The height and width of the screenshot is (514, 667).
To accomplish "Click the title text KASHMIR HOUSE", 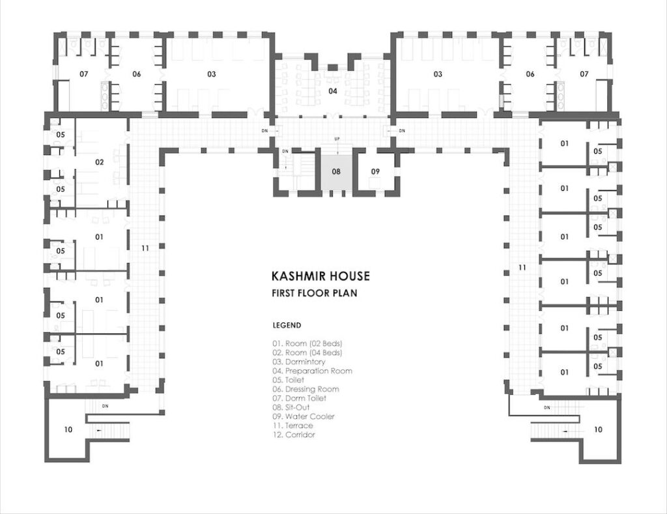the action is pyautogui.click(x=320, y=276).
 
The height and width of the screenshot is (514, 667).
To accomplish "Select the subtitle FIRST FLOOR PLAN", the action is pyautogui.click(x=315, y=293).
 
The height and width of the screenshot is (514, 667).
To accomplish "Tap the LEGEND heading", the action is pyautogui.click(x=287, y=326).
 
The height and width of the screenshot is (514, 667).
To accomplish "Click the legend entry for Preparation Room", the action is pyautogui.click(x=312, y=371).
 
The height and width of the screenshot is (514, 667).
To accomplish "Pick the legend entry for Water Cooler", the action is pyautogui.click(x=304, y=416).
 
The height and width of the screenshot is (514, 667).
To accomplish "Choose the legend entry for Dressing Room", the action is pyautogui.click(x=306, y=389).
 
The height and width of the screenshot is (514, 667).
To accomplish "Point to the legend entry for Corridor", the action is pyautogui.click(x=294, y=435).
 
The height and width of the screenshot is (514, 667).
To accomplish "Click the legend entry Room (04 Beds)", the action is pyautogui.click(x=307, y=352).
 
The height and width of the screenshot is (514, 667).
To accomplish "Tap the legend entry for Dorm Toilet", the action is pyautogui.click(x=300, y=398).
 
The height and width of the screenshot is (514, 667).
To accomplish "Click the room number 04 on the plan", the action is pyautogui.click(x=333, y=91).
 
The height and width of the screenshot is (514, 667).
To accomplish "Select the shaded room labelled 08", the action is pyautogui.click(x=336, y=171).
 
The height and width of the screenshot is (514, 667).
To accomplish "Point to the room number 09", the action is pyautogui.click(x=375, y=171).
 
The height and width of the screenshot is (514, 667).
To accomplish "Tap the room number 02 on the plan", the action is pyautogui.click(x=99, y=162).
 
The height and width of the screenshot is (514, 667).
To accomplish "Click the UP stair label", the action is pyautogui.click(x=337, y=139).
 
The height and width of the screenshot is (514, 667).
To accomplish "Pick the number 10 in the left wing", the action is pyautogui.click(x=68, y=430).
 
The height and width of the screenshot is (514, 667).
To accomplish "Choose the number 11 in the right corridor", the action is pyautogui.click(x=522, y=268).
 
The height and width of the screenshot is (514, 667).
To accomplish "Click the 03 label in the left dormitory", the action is pyautogui.click(x=212, y=74).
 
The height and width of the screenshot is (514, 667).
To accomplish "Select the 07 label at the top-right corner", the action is pyautogui.click(x=584, y=74).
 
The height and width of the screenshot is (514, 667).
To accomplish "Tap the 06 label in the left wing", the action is pyautogui.click(x=136, y=74).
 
